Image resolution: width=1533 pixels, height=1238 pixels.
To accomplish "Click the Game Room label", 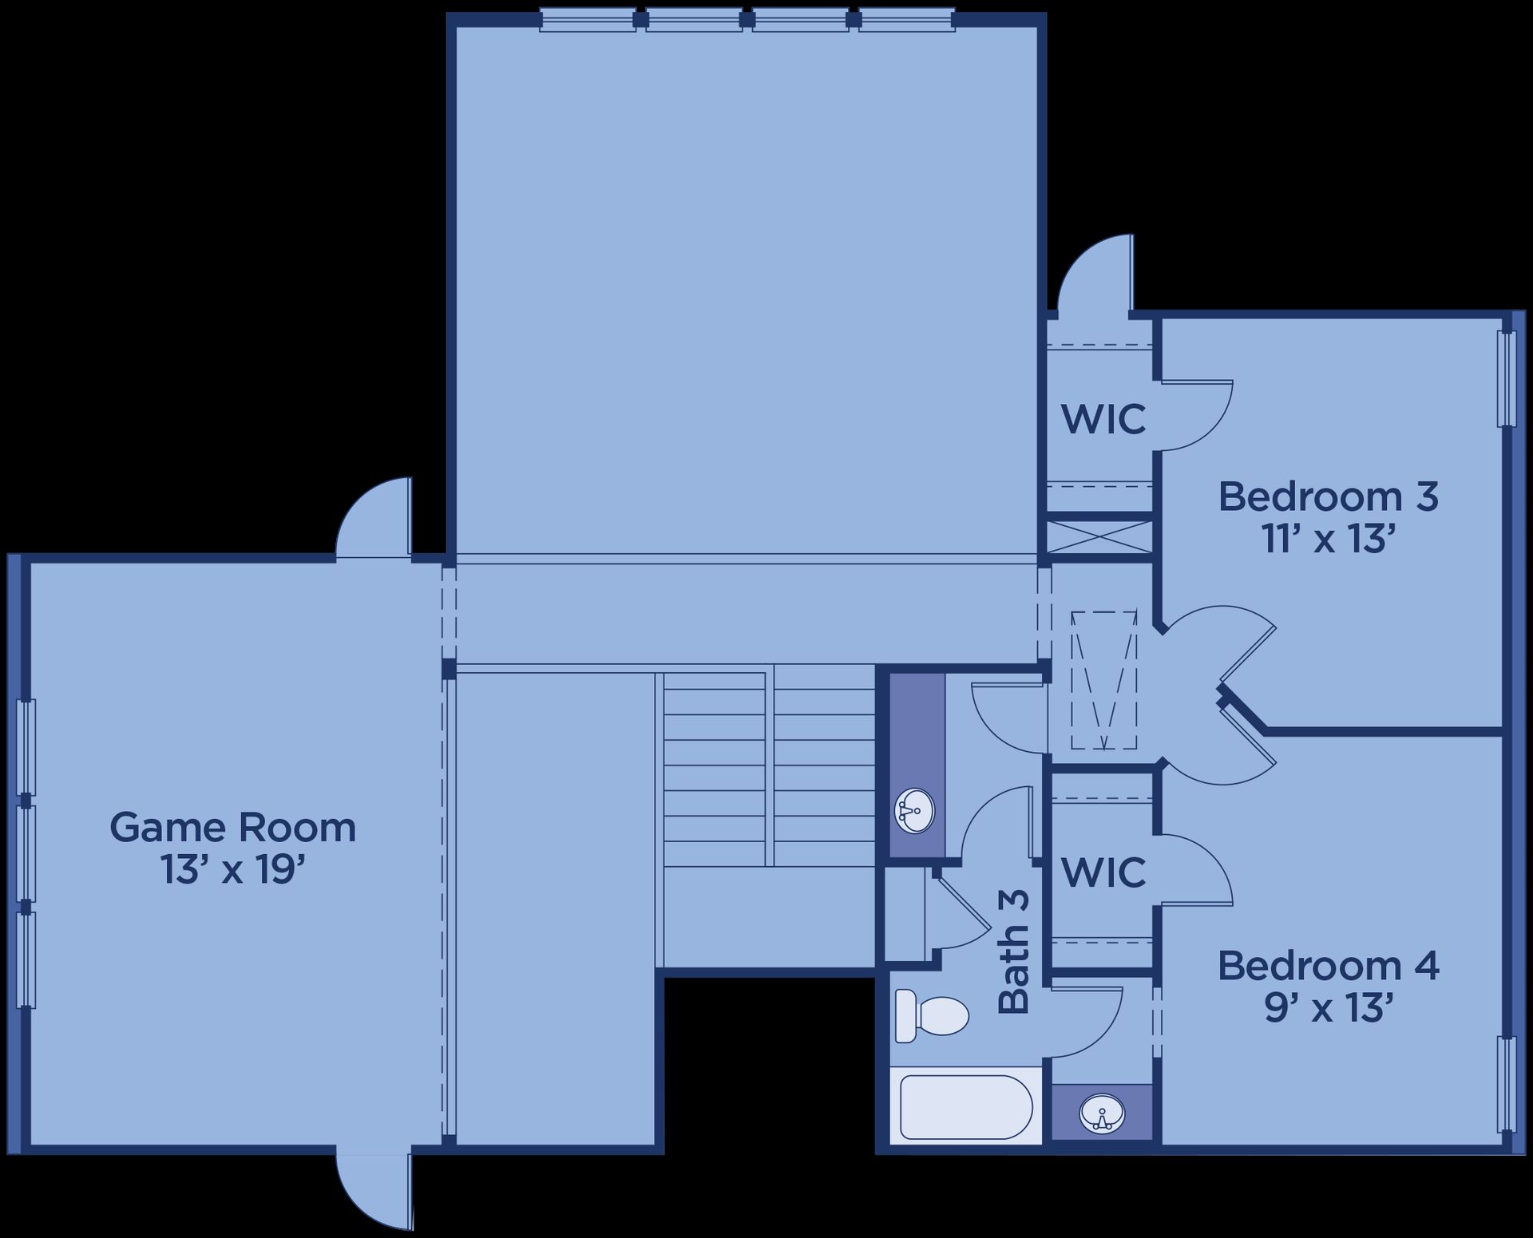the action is pos(232,828).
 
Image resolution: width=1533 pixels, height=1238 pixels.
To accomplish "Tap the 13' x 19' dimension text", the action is pos(234,870).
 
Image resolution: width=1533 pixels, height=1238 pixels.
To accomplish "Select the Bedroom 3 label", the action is pos(1328,497).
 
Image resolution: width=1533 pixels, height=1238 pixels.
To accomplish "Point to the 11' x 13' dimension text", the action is pos(1328,540).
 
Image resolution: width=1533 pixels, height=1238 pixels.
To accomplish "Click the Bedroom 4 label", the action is pos(1328,967).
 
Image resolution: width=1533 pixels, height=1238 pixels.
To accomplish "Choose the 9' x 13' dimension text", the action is pos(1328,1009).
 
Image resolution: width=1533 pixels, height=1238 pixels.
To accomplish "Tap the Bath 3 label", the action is pos(1014,952).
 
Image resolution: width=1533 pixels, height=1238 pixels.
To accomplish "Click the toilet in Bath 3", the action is pos(931,1015).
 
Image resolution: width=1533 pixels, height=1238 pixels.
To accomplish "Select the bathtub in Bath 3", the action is pos(966,1107).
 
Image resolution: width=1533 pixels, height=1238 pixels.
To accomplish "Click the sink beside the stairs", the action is pos(914,810).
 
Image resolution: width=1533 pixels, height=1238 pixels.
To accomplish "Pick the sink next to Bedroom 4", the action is pos(1102,1111).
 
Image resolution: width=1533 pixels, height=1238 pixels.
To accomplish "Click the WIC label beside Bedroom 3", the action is pos(1103,418).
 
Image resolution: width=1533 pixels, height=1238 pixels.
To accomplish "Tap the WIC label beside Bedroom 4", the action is pos(1103,872).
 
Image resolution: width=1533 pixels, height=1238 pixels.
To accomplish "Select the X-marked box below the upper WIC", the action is pos(1099,537).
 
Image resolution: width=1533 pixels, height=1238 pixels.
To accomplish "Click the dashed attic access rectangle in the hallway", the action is pos(1103,680).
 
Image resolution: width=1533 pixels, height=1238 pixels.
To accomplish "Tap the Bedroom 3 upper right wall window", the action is pos(1506,378).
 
